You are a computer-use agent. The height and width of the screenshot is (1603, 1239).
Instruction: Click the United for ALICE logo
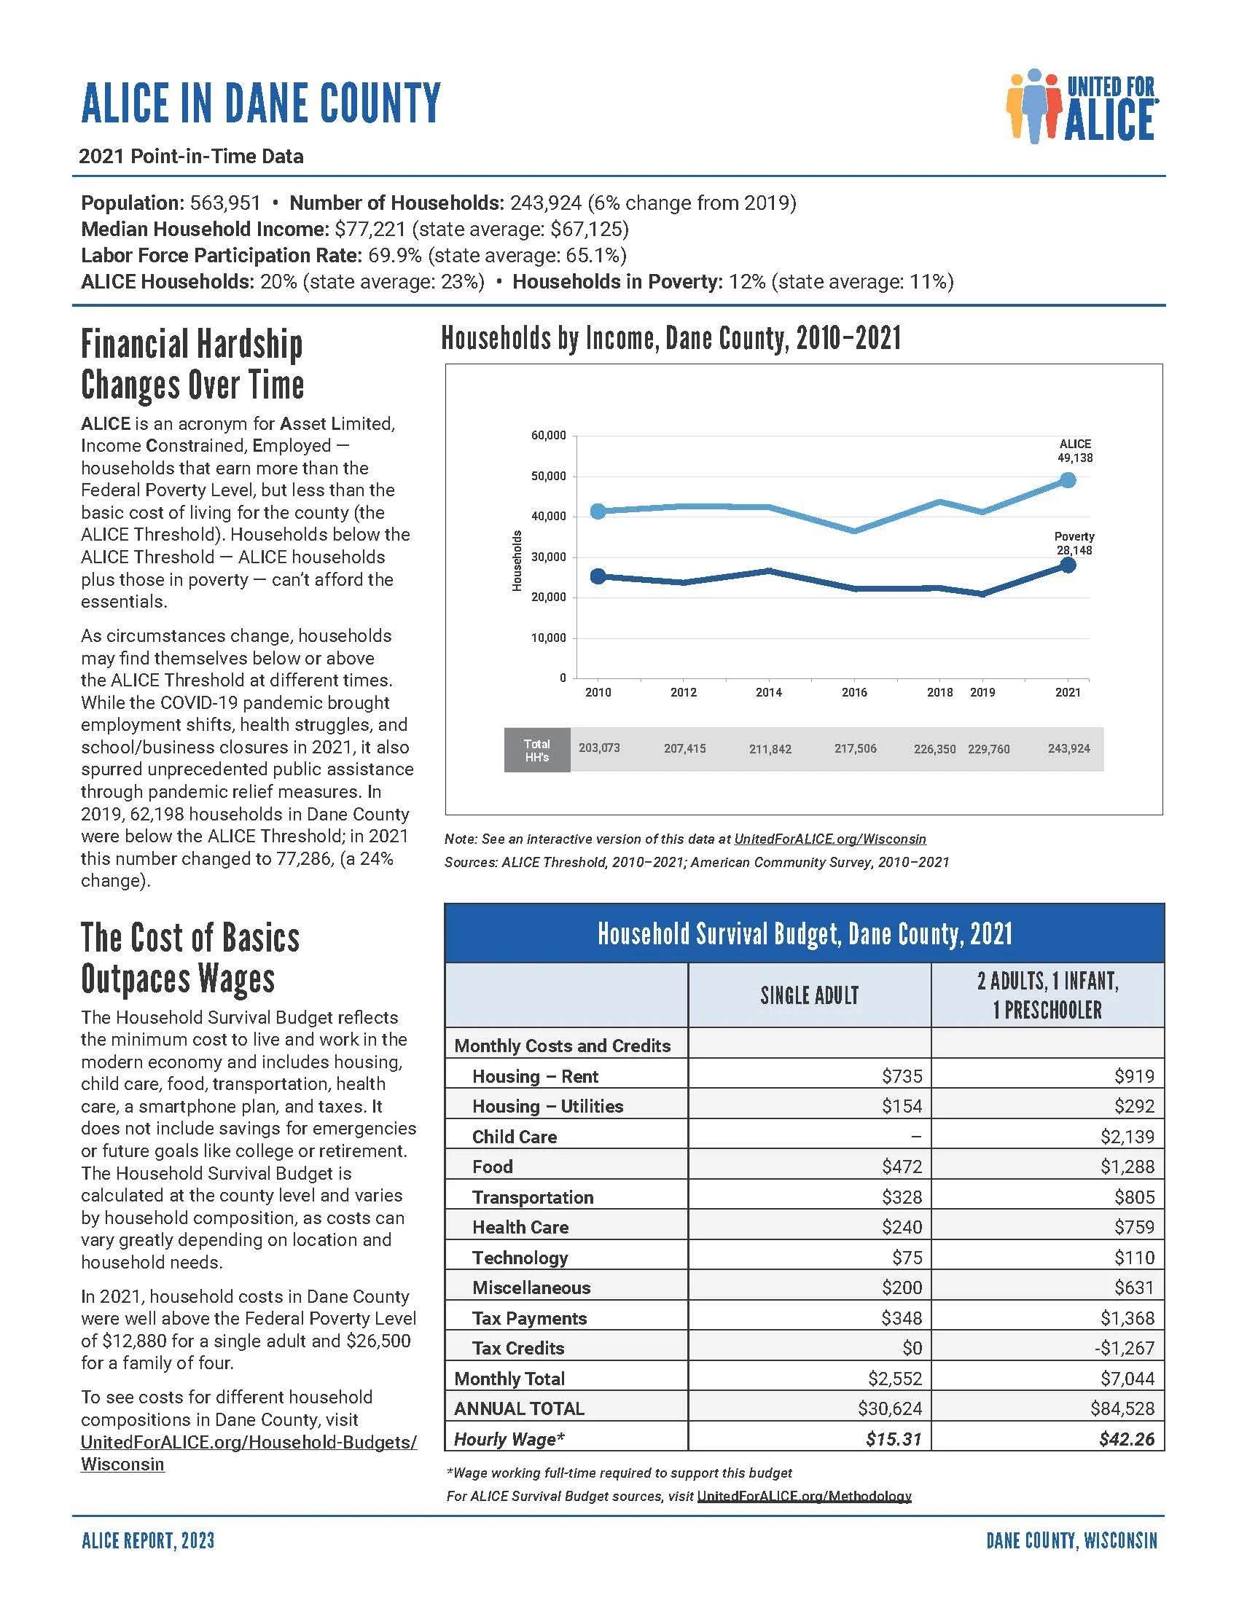[x=1082, y=106]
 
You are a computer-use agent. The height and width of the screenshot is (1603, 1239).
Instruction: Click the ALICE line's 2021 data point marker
[x=1068, y=480]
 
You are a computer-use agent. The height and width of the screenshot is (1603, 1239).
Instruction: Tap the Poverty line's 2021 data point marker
[x=1068, y=565]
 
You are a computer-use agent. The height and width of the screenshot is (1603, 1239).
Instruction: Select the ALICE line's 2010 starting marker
[x=598, y=511]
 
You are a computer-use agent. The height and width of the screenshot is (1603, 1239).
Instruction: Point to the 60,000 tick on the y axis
[x=548, y=435]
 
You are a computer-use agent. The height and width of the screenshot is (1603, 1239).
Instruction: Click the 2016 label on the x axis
[x=854, y=692]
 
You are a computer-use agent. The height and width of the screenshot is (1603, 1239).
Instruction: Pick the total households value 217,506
[x=855, y=748]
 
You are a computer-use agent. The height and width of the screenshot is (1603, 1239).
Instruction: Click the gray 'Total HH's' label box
[x=536, y=749]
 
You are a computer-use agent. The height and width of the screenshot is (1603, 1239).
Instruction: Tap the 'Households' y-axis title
[x=516, y=560]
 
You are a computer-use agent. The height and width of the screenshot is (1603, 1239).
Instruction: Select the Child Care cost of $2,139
[x=1127, y=1136]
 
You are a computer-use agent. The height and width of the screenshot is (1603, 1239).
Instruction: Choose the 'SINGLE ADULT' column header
[x=810, y=995]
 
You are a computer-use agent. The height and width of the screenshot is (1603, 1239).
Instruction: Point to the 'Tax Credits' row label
[x=518, y=1347]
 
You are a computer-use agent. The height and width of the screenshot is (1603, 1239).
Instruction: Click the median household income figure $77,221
[x=370, y=229]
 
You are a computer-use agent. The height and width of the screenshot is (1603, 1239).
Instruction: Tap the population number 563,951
[x=225, y=203]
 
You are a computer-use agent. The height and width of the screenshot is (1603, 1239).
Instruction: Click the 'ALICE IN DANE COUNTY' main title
[x=261, y=103]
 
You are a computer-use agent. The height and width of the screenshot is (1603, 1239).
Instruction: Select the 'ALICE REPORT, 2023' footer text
[x=148, y=1540]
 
